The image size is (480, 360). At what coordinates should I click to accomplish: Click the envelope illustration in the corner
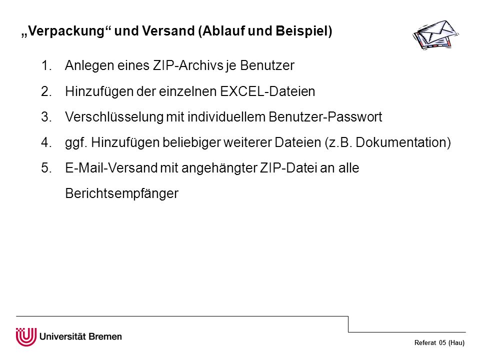(435, 34)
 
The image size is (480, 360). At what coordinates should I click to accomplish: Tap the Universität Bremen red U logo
(26, 336)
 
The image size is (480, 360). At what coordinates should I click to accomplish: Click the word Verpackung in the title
(66, 31)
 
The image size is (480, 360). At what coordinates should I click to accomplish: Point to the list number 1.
(46, 65)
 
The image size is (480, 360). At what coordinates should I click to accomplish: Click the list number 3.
(46, 117)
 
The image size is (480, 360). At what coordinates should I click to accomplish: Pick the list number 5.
(46, 168)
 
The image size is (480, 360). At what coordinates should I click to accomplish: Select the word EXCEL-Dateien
(267, 91)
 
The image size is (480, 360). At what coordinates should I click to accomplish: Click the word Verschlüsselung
(114, 117)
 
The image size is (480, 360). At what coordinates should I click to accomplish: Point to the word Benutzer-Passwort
(325, 117)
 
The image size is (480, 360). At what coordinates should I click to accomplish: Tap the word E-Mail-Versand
(111, 168)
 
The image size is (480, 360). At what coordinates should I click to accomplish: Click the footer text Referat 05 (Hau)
(439, 343)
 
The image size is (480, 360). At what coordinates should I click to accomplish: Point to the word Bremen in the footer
(105, 336)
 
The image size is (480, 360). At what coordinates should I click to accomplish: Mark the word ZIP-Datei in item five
(288, 168)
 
